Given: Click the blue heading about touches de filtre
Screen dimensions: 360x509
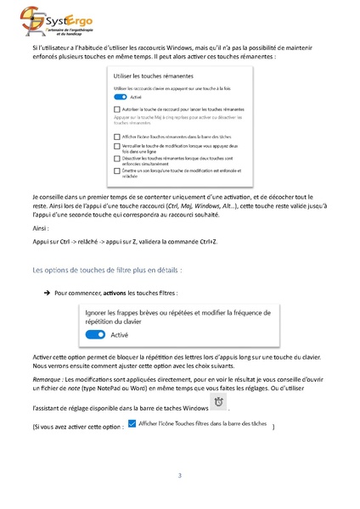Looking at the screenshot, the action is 106,270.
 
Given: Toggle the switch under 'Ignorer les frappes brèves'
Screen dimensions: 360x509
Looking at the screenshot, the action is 96,335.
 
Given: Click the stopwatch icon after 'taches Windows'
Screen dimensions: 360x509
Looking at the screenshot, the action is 219,401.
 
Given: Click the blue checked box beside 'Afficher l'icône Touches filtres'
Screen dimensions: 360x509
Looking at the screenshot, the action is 131,422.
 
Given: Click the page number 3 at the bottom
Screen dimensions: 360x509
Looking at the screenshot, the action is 180,475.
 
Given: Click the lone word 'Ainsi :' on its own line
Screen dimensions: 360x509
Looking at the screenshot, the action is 42,228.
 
